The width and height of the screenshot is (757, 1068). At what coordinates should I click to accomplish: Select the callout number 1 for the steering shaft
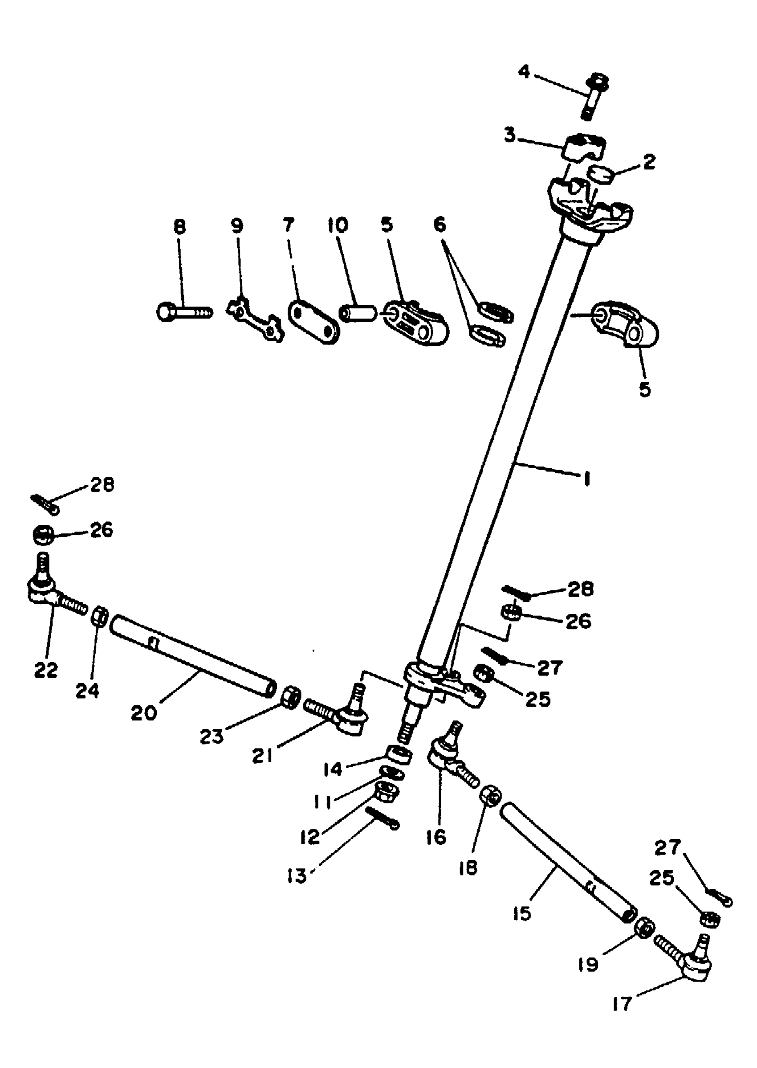[x=587, y=479]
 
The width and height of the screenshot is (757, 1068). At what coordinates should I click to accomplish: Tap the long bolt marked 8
[x=184, y=311]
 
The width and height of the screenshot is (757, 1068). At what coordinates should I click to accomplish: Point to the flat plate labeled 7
[x=313, y=322]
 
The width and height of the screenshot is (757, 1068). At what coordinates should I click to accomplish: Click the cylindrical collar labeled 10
[x=358, y=312]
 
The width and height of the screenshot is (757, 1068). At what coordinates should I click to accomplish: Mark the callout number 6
[x=439, y=225]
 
